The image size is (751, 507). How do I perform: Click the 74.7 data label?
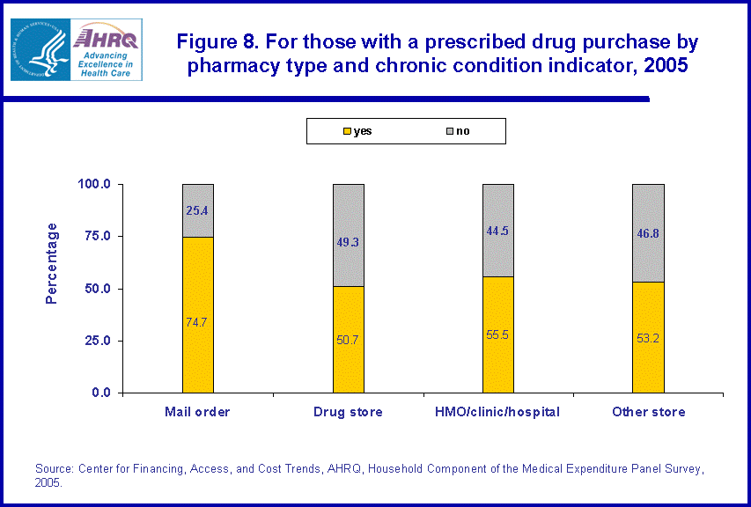197,323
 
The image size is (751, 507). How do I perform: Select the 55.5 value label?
498,335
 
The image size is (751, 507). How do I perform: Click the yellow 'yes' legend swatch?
348,132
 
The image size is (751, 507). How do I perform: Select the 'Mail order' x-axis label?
197,412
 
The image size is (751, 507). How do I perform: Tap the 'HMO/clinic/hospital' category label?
498,412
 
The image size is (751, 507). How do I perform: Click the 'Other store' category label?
649,412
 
